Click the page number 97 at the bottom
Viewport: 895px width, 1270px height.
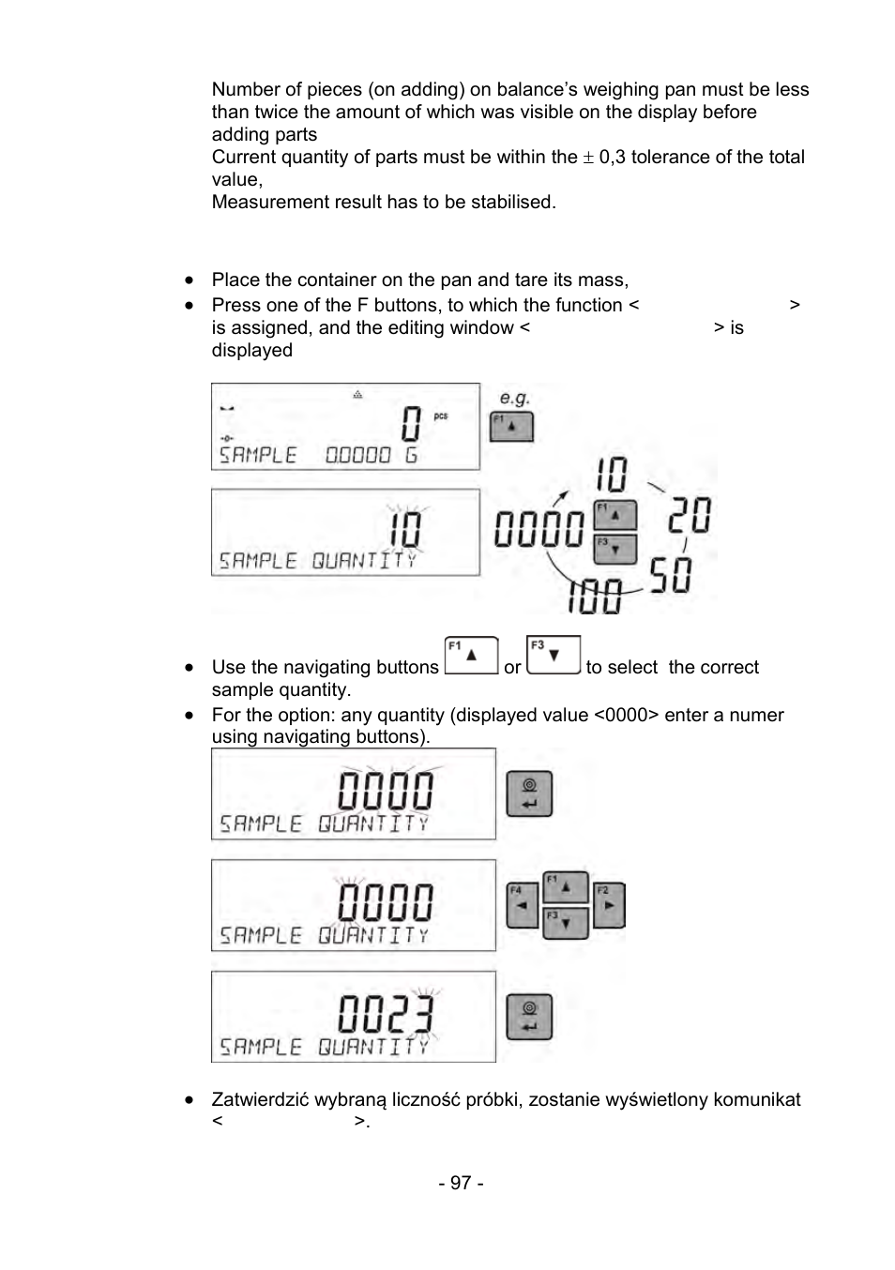pos(461,1183)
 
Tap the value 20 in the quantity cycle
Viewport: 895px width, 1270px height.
pos(689,515)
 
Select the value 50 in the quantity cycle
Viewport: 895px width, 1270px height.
pos(671,575)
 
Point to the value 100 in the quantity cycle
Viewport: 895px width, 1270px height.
pos(595,595)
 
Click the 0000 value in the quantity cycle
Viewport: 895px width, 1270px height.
pos(539,529)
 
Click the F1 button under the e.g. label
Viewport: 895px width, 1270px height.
pos(511,426)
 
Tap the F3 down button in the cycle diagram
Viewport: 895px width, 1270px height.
pos(614,549)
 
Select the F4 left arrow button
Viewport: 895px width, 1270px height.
pos(522,906)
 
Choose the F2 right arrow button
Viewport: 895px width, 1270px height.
pos(608,905)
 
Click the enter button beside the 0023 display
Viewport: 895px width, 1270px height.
pos(529,1017)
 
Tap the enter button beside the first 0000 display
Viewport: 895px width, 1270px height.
pos(529,794)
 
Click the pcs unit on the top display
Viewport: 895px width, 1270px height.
pos(441,416)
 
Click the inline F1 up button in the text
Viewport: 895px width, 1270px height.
pos(471,656)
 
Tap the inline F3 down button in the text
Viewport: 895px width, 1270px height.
pos(554,656)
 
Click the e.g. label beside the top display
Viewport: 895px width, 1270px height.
pos(515,398)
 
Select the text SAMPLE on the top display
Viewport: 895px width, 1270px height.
pos(258,455)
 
